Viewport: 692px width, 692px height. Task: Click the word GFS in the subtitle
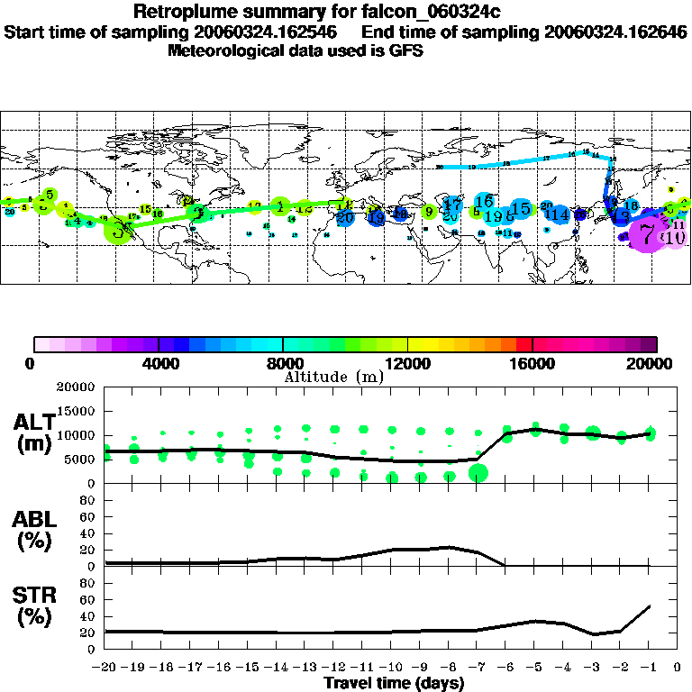point(405,50)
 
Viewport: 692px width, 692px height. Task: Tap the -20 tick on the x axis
point(105,668)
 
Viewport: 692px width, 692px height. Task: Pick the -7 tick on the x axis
point(477,668)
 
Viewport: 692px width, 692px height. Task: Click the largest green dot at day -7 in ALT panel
point(478,473)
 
